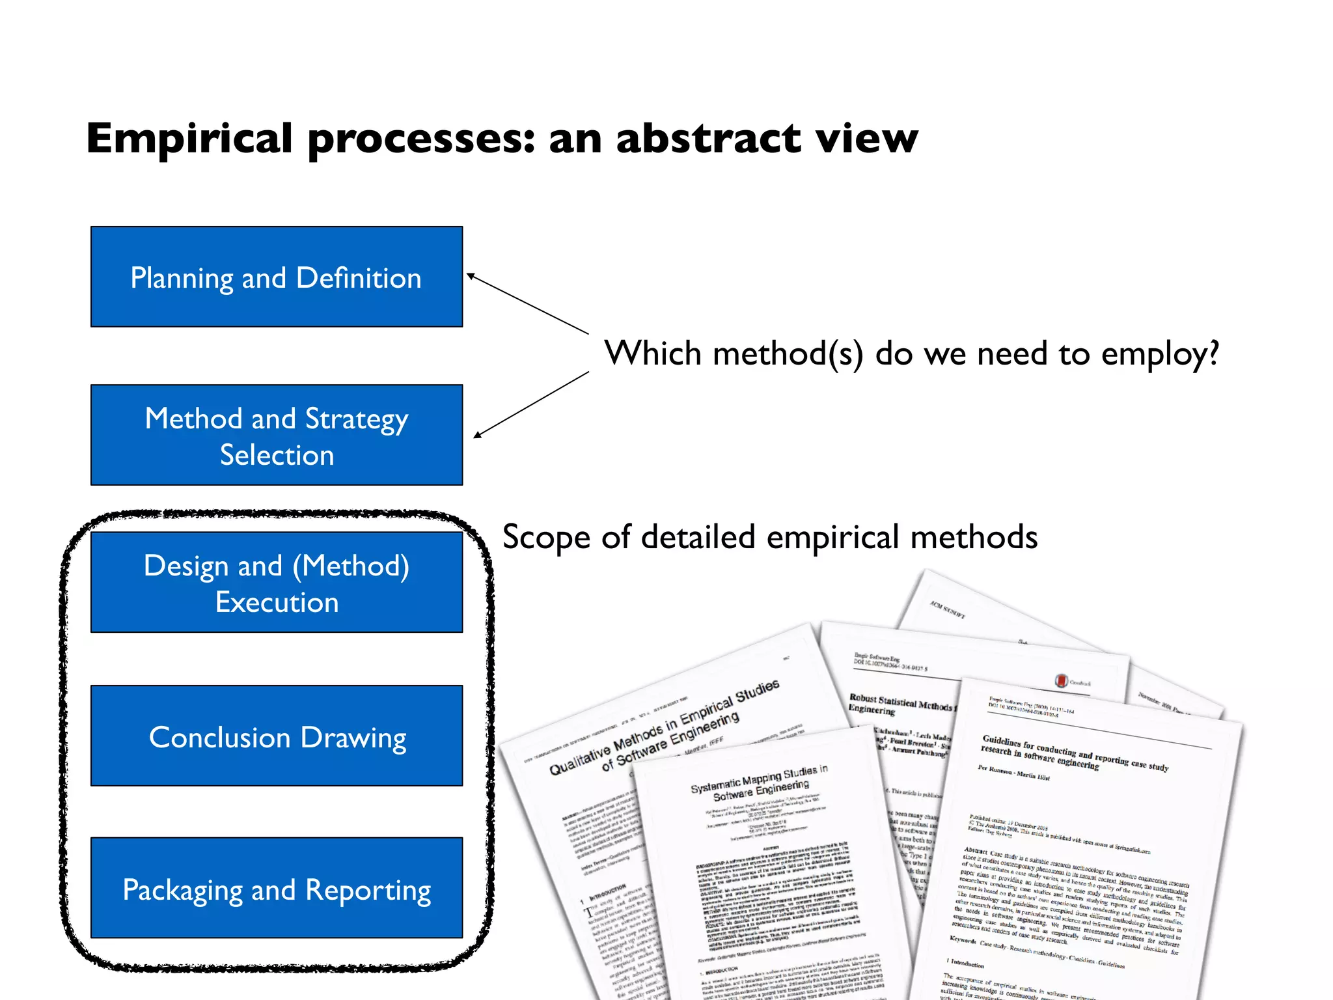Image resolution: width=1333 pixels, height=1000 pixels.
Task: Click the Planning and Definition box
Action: (277, 277)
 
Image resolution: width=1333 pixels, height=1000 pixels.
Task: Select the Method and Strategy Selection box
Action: (277, 435)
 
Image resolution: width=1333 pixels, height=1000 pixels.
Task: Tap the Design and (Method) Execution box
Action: (277, 582)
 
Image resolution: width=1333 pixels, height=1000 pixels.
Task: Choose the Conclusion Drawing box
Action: (277, 736)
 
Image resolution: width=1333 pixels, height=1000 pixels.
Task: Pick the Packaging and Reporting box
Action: (277, 888)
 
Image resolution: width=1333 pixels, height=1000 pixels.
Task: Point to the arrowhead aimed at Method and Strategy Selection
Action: (477, 435)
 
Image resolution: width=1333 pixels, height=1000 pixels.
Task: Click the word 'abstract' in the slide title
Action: (708, 139)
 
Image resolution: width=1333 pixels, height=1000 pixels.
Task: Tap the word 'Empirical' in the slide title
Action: (189, 139)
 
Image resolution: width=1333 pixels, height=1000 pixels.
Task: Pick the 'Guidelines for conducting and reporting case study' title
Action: (1074, 753)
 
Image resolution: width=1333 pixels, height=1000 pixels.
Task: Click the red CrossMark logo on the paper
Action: (1061, 681)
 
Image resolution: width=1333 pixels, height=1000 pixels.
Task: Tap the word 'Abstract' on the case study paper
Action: (976, 851)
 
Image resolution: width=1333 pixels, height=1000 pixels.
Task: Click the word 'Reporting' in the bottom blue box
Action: (368, 891)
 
